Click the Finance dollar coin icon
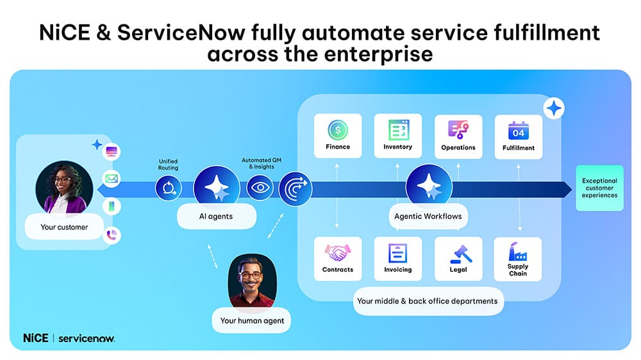click(338, 130)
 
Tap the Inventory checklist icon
click(399, 130)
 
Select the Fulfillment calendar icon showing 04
click(519, 131)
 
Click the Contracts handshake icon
click(338, 253)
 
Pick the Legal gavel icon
click(461, 254)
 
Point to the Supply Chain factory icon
click(517, 251)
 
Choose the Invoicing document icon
click(398, 253)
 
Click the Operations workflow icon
click(458, 130)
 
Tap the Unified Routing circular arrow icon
click(169, 188)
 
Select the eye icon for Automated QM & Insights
click(260, 188)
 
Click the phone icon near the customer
click(112, 235)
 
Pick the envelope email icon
click(112, 179)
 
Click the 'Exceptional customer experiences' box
click(600, 188)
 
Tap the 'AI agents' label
click(216, 217)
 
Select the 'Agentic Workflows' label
click(428, 217)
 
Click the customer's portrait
click(64, 188)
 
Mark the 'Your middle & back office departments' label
click(428, 301)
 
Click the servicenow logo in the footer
click(87, 338)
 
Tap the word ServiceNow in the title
click(181, 33)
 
